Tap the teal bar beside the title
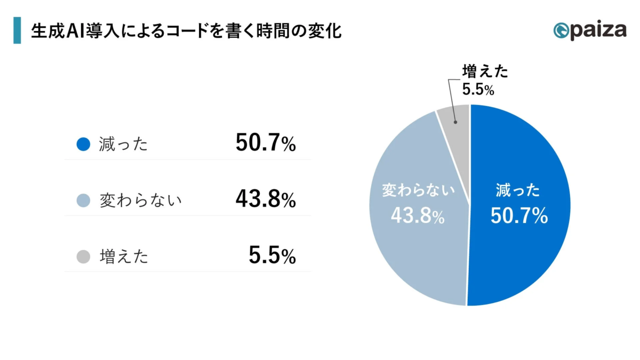point(17,30)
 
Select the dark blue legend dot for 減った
point(83,144)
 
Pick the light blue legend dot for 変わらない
point(83,201)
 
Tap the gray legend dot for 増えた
point(83,257)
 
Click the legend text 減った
point(123,145)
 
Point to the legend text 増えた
point(124,257)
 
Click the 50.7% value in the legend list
point(265,143)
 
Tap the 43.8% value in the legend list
point(265,199)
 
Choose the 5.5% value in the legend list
point(272,256)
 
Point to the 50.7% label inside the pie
point(519,216)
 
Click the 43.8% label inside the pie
point(418,215)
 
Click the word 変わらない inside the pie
point(419,190)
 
